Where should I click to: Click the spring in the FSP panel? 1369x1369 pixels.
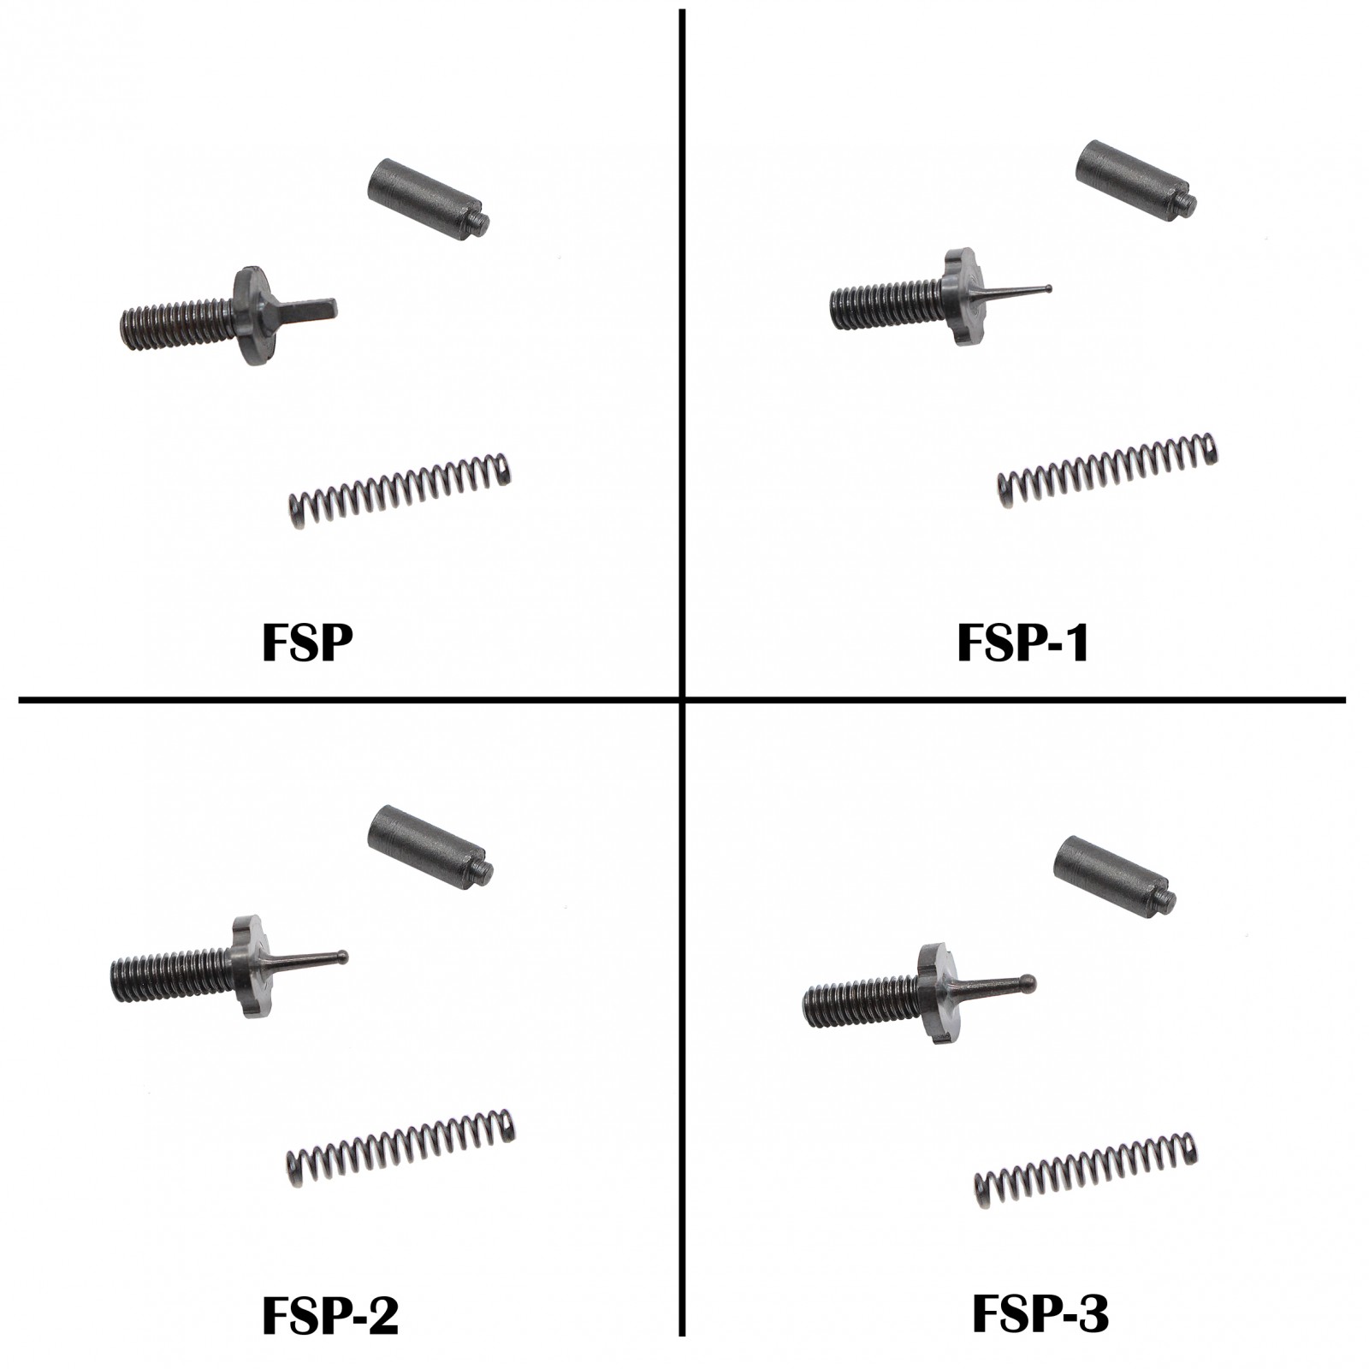(x=399, y=491)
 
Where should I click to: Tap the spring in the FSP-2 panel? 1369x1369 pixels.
(x=400, y=1147)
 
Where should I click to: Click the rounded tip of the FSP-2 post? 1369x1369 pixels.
(x=342, y=955)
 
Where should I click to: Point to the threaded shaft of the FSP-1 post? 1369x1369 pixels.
(x=886, y=306)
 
